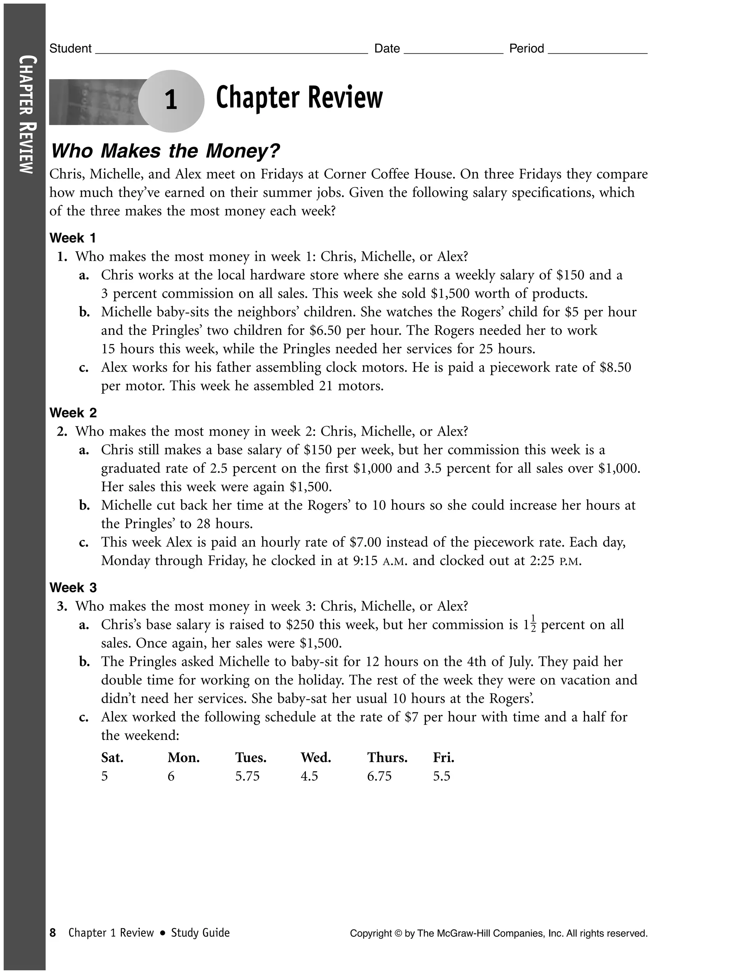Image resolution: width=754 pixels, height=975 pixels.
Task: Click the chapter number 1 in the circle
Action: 171,100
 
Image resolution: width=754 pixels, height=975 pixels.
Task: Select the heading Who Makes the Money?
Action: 165,151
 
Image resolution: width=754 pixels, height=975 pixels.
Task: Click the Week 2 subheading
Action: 73,412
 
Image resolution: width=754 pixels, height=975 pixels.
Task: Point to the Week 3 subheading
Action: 73,588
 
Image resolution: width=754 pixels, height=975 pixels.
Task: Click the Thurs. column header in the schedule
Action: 387,758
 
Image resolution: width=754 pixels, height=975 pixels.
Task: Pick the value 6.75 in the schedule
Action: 379,776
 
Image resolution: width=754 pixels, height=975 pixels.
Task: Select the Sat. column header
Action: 112,758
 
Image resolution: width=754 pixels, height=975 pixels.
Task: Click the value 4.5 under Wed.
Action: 309,776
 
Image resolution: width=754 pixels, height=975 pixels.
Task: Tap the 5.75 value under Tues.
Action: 247,776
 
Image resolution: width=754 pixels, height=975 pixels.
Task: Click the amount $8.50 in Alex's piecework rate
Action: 615,368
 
